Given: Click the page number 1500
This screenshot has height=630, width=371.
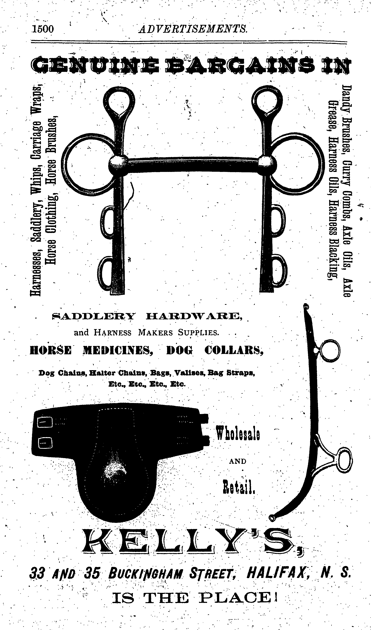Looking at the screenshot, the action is tap(42, 29).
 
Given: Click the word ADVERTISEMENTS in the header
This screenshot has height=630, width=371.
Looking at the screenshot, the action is tap(193, 29).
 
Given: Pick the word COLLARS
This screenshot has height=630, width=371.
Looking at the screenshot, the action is tap(234, 350).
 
